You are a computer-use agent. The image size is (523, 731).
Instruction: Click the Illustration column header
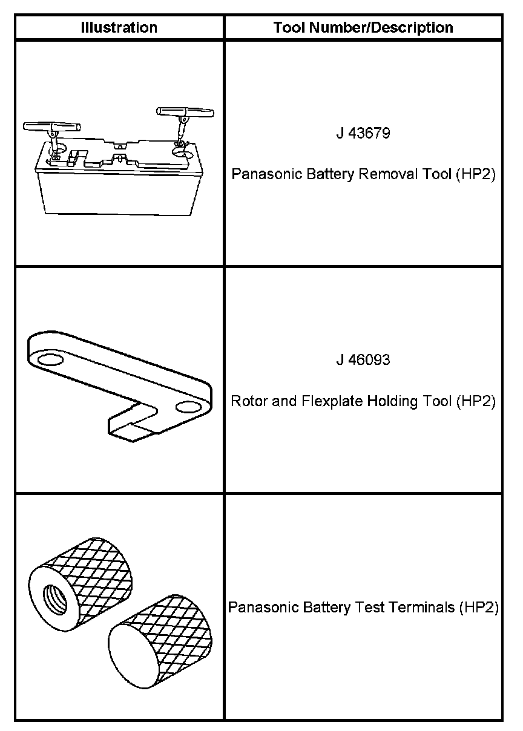click(119, 28)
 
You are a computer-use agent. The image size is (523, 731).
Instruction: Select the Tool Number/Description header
click(363, 28)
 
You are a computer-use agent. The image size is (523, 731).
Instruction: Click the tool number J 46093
click(363, 360)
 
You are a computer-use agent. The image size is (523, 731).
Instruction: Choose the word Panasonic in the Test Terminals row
click(257, 607)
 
